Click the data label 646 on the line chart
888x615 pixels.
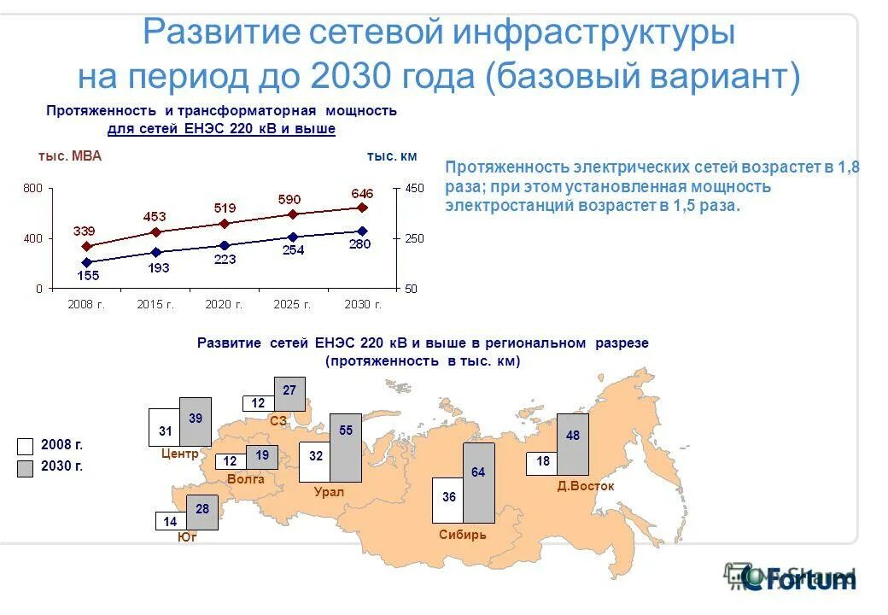tap(362, 192)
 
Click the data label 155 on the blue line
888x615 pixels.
tap(87, 276)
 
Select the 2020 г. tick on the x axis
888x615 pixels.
tap(224, 304)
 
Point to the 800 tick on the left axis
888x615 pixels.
tap(32, 188)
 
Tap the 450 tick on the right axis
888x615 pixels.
tap(413, 188)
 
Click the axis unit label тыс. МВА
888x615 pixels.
tap(70, 156)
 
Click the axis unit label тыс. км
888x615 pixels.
tap(392, 156)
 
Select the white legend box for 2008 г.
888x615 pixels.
tap(26, 446)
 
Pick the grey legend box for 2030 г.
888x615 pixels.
tap(26, 466)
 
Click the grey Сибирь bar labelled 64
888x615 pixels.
tap(478, 483)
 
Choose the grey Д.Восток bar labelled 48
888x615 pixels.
tap(572, 444)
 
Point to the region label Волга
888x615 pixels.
tap(246, 480)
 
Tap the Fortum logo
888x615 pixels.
tap(799, 577)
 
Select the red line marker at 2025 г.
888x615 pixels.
tap(292, 214)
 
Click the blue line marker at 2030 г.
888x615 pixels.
tap(362, 231)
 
